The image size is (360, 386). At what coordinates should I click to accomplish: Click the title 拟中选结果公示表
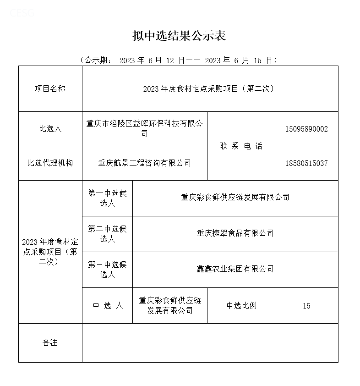tap(180, 36)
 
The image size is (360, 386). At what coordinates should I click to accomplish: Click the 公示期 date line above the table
tap(179, 60)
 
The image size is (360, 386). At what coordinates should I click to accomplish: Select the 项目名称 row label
tap(50, 88)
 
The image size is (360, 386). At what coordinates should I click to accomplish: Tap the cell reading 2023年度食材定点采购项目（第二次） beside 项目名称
tap(210, 88)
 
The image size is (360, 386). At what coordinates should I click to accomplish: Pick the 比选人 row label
tap(50, 129)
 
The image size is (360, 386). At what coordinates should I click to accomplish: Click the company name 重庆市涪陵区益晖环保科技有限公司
tap(144, 128)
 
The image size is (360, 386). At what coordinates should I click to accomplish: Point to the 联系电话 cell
tap(241, 146)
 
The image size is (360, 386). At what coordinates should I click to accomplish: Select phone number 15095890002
tap(306, 129)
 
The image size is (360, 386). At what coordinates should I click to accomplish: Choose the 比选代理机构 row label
tap(50, 163)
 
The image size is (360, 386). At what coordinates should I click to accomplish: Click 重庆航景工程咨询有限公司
tap(144, 163)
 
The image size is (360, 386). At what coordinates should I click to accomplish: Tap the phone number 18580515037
tap(306, 163)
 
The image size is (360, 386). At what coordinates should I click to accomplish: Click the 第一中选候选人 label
tap(107, 198)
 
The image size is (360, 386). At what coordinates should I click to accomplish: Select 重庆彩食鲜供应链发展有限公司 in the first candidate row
tap(235, 198)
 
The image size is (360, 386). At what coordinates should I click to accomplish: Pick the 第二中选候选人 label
tap(107, 233)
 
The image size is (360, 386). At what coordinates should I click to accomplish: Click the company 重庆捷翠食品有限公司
tap(235, 233)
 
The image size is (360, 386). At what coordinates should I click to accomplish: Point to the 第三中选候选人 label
tap(107, 269)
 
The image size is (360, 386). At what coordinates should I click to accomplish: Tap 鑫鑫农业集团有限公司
tap(235, 269)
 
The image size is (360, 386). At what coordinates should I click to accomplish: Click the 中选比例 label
tap(241, 306)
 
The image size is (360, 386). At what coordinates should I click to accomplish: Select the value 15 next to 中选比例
tap(306, 306)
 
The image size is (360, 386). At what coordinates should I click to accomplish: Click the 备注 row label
tap(50, 342)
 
